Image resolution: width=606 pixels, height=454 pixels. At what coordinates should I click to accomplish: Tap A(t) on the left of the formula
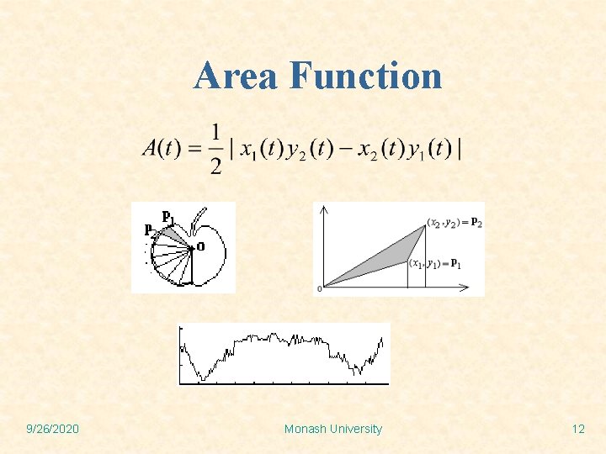[x=160, y=148]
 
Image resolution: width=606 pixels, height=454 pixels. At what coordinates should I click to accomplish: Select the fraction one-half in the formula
[x=216, y=148]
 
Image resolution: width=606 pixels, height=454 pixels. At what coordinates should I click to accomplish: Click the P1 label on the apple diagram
[x=168, y=218]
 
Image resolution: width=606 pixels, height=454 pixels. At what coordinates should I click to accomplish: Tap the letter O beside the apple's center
[x=200, y=246]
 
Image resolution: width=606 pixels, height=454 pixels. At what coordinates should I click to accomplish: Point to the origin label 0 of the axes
[x=319, y=290]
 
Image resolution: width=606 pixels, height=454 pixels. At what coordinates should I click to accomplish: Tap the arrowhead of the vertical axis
[x=323, y=208]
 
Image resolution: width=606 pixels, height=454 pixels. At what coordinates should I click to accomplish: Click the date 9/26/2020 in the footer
[x=52, y=429]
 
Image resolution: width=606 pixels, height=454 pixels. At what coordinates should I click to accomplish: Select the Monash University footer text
[x=332, y=429]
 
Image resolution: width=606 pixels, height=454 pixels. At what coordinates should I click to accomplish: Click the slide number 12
[x=577, y=429]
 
